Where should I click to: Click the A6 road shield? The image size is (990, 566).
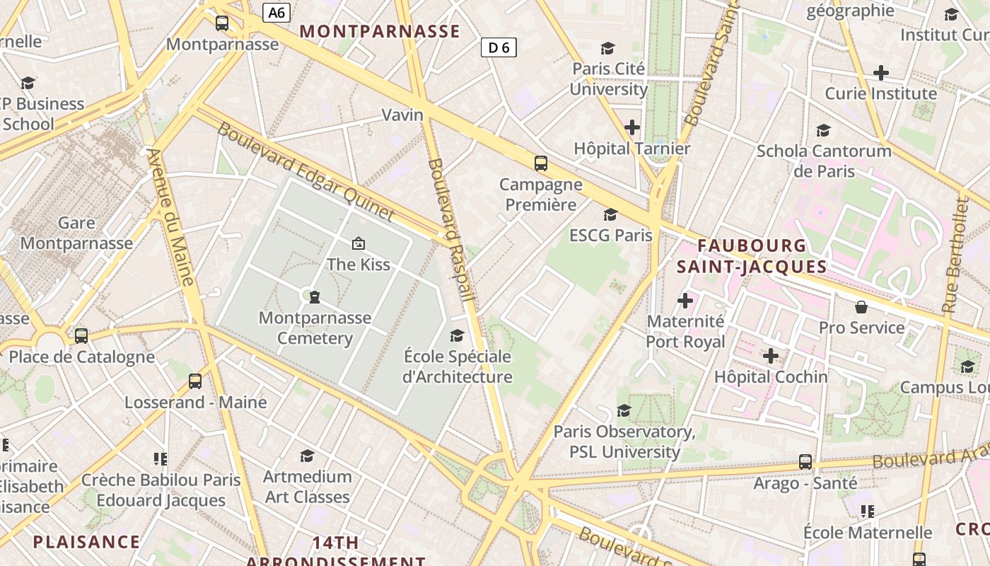(276, 13)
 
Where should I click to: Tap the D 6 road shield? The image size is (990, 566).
(499, 47)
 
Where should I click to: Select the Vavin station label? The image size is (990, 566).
(402, 115)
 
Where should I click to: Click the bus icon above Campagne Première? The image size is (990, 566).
(541, 163)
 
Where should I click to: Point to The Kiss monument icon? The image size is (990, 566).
(359, 244)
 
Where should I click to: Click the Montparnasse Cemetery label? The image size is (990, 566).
(315, 328)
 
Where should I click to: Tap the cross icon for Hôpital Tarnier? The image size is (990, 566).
(632, 127)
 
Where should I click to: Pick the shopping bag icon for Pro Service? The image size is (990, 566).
(861, 307)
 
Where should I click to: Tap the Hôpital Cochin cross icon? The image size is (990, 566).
(771, 356)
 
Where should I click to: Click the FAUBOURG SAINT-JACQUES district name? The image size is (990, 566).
(752, 256)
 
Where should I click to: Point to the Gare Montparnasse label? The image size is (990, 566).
(76, 233)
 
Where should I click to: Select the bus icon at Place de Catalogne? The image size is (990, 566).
(81, 336)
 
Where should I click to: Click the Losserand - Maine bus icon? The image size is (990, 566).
(195, 381)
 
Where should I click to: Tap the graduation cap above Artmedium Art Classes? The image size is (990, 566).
(307, 456)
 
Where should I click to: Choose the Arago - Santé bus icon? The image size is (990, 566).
(805, 462)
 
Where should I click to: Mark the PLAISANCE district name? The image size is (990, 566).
(86, 542)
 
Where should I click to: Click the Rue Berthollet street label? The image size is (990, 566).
(955, 255)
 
